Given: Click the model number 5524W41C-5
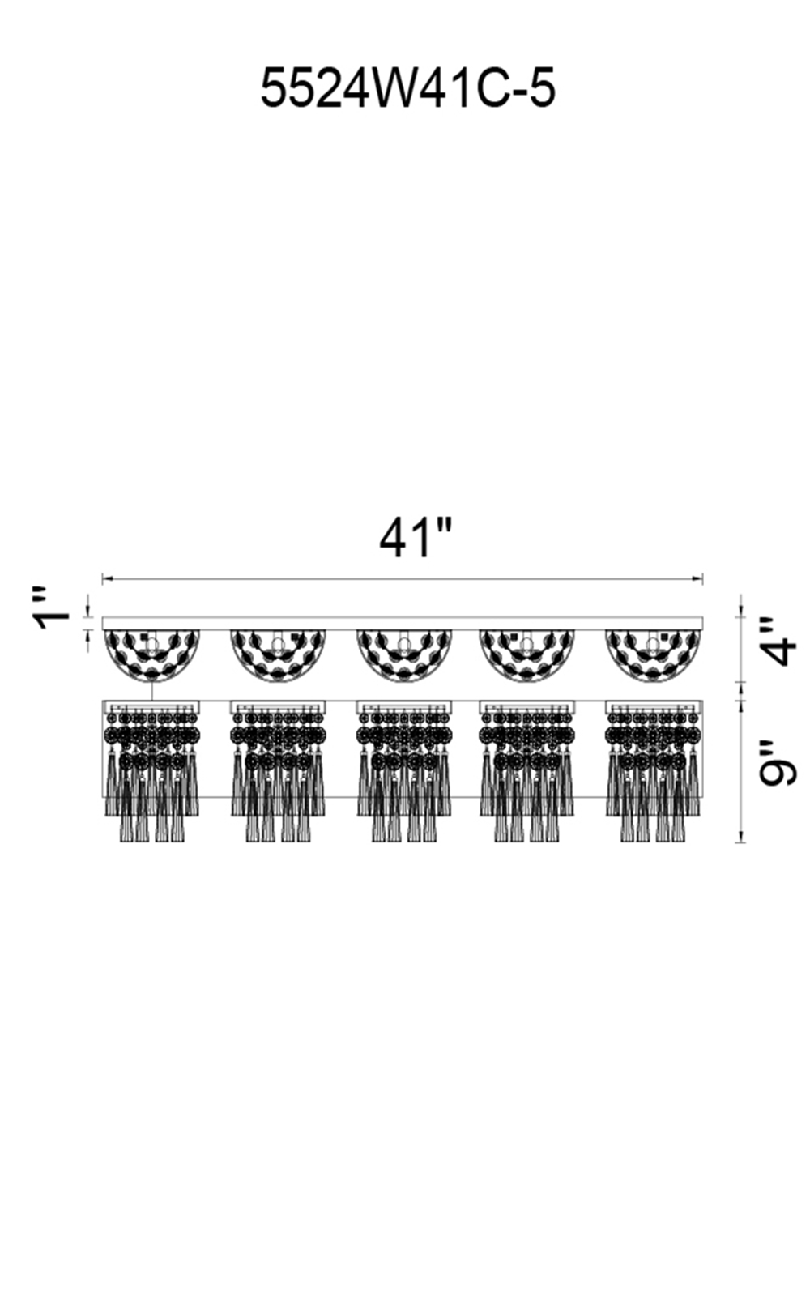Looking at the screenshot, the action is [x=407, y=88].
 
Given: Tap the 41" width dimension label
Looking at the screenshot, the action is [x=415, y=538].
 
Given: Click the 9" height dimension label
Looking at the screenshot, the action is [x=778, y=762].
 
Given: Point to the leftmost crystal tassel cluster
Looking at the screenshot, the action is [x=152, y=769].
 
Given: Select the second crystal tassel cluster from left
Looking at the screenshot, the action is [x=278, y=769].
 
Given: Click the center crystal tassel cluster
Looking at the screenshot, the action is [x=403, y=769].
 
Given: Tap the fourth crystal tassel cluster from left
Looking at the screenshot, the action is [x=527, y=769].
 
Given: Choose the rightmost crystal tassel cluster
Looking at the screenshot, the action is [x=653, y=769].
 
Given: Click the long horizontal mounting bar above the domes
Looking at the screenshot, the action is [x=403, y=623].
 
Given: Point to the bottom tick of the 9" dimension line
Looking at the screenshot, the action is [x=740, y=842].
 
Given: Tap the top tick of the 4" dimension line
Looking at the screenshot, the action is [x=740, y=616].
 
